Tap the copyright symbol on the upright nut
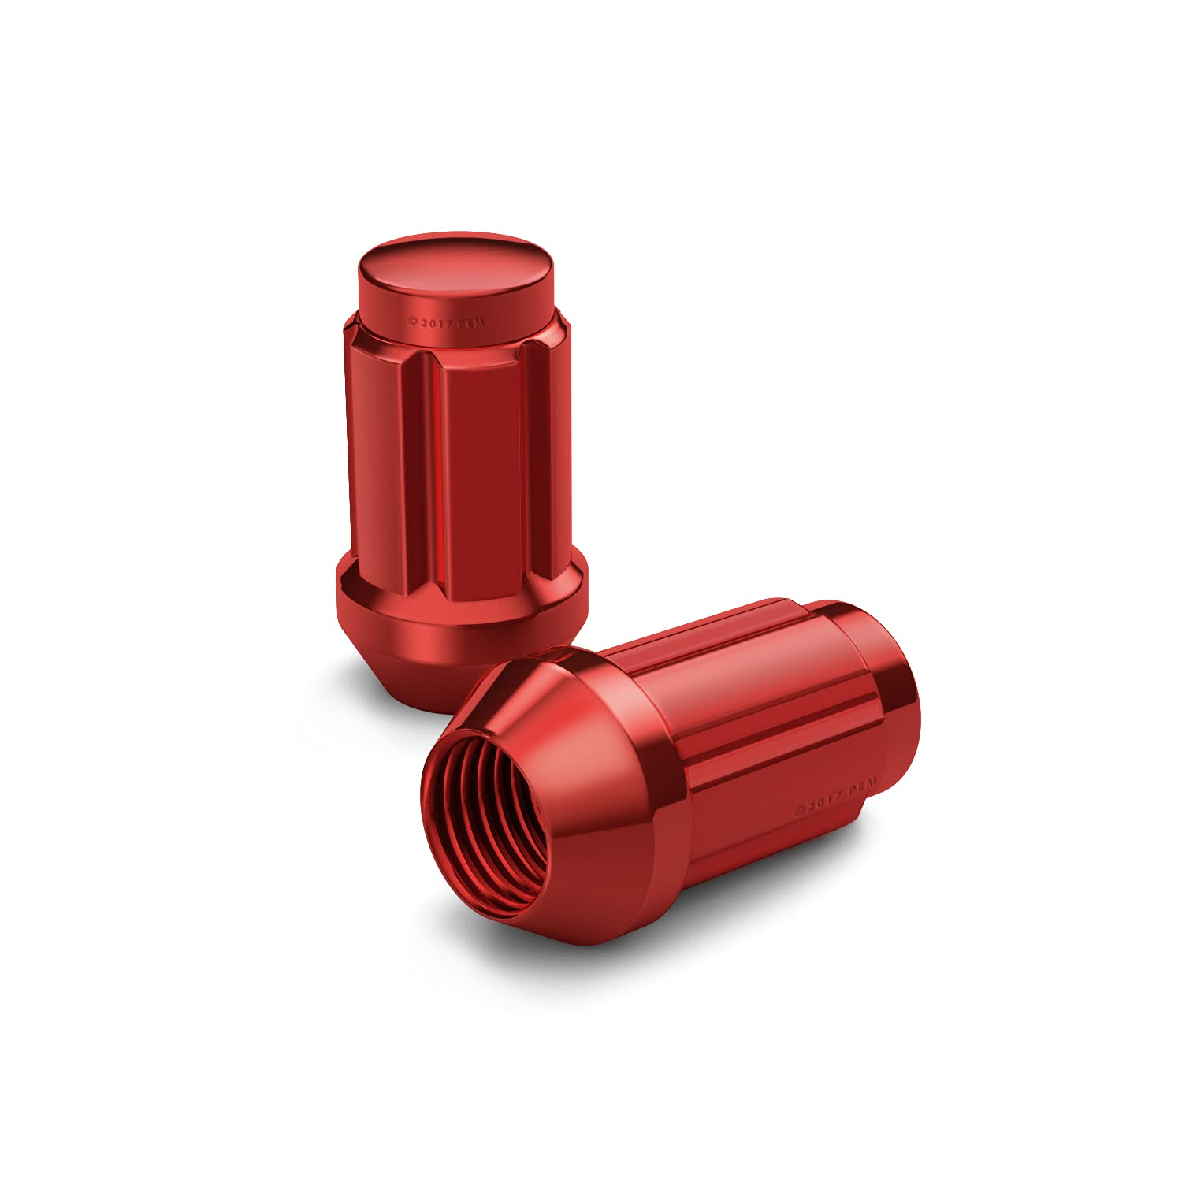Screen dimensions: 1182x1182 [x=411, y=322]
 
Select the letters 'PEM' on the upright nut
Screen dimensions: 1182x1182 [x=471, y=323]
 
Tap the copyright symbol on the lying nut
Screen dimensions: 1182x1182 [x=798, y=810]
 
